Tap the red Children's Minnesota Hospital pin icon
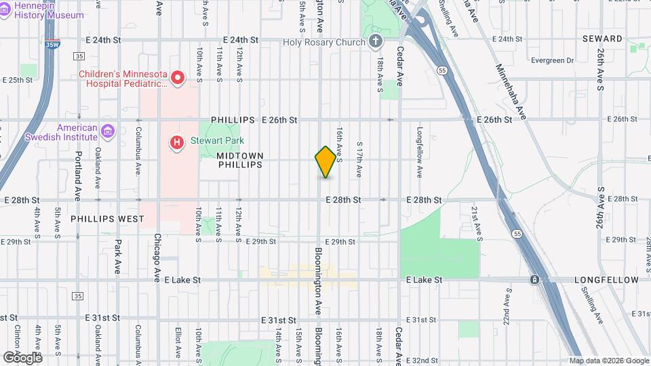(178, 79)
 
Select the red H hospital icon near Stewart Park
(176, 142)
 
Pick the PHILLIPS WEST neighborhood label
(107, 219)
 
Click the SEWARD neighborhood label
(602, 39)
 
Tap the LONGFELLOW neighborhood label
(606, 280)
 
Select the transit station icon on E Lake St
(534, 279)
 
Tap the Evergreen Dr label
(553, 60)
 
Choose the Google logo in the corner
(22, 357)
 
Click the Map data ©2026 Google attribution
(608, 361)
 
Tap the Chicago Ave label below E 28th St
(157, 258)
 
